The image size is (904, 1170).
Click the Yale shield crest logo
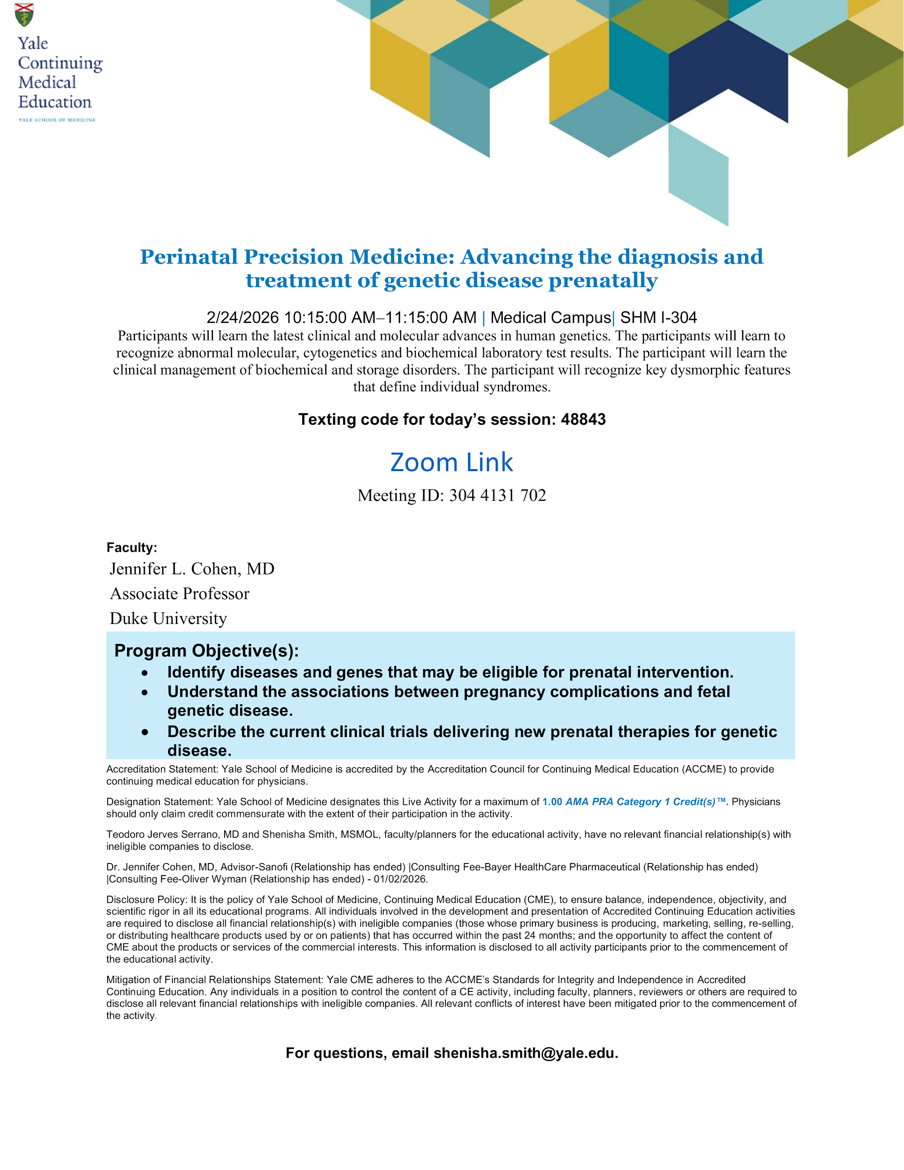[24, 15]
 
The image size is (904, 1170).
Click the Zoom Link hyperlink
[452, 462]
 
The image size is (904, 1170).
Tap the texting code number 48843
[583, 420]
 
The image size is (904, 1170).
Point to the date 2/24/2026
[243, 318]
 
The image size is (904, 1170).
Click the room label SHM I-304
[658, 318]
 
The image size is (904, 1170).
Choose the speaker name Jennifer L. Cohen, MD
[192, 569]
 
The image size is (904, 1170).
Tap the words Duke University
[168, 619]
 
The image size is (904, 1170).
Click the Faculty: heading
[132, 548]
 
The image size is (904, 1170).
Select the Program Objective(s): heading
[206, 651]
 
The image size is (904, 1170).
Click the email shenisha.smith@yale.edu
[525, 1053]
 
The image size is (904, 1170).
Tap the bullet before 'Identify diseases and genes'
[145, 673]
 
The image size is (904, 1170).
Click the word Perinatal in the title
[188, 257]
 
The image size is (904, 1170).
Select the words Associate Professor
[179, 594]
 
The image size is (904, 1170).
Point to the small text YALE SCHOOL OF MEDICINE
[57, 120]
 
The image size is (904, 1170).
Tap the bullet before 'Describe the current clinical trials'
[145, 732]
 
